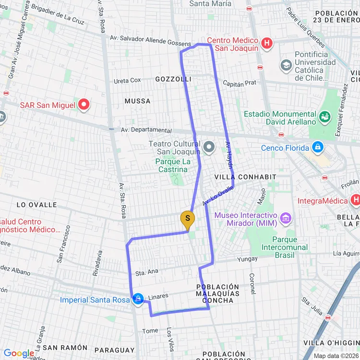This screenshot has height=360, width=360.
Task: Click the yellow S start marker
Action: point(187,218)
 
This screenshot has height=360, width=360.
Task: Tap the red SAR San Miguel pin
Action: point(84,104)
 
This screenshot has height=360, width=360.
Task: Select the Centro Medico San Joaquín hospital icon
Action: point(267,44)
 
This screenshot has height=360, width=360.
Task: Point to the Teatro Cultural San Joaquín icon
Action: point(209,146)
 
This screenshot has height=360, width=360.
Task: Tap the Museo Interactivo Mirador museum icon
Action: point(286,218)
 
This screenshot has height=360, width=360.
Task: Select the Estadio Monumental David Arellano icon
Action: point(324,116)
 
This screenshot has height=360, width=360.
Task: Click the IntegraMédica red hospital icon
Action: point(355,199)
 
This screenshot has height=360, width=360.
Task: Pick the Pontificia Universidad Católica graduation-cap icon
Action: point(287,65)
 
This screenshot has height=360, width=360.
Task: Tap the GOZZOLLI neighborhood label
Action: point(173,79)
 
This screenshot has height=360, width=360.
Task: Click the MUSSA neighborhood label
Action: point(137,101)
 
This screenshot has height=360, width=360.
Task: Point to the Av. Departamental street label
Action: point(146,130)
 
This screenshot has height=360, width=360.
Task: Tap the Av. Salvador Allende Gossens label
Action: point(150,40)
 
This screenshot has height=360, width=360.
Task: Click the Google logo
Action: point(19,353)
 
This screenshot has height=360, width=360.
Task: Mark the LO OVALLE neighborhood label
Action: point(36,205)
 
